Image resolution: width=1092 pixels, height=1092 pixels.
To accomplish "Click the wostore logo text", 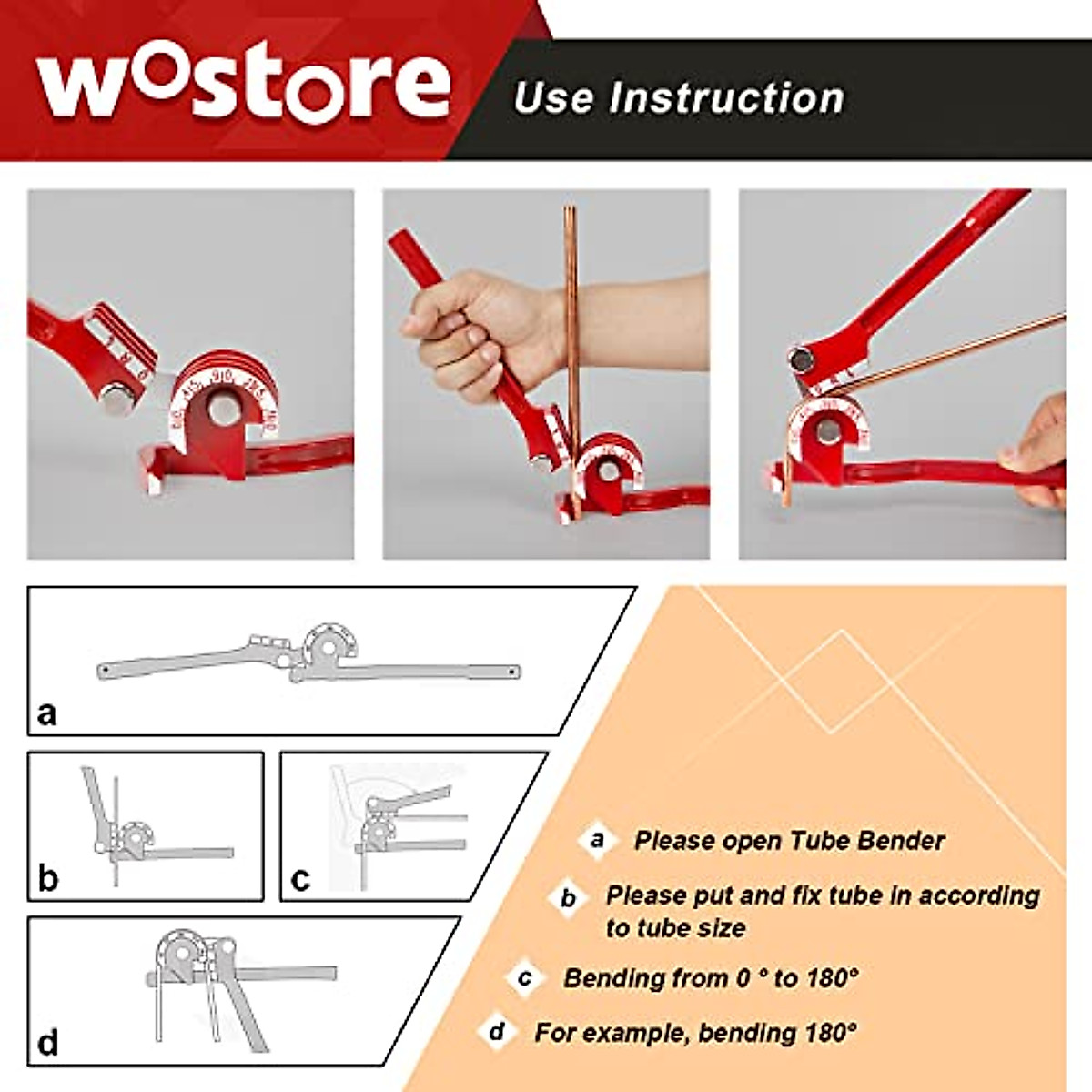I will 244,84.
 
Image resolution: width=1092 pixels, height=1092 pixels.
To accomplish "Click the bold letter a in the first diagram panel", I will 46,713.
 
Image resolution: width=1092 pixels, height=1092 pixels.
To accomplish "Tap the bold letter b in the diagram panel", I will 48,878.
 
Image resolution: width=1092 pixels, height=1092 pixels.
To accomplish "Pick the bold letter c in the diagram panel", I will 300,879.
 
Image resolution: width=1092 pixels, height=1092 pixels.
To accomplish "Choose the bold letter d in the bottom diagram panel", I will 48,1042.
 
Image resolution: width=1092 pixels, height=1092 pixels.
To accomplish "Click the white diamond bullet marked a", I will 597,839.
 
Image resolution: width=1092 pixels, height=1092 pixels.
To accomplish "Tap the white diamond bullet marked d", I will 496,1032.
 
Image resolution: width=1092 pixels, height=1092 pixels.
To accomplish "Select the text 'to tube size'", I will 676,928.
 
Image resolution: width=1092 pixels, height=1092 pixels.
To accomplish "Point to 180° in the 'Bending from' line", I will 832,978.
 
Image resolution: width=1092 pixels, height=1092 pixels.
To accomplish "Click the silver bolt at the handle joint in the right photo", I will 801,360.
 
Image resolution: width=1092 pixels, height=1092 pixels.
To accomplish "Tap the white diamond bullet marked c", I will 525,978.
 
